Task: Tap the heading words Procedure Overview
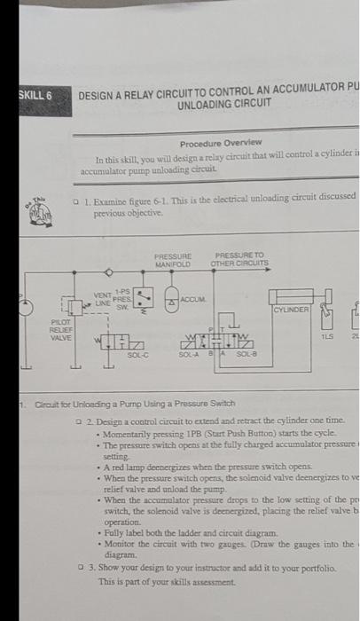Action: point(220,143)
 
